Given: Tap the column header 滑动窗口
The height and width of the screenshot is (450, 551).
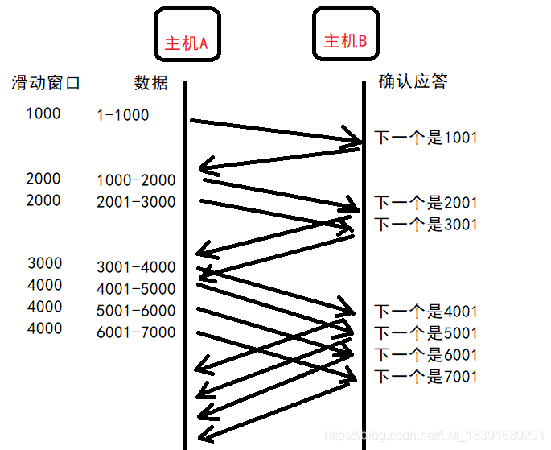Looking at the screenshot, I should click(46, 82).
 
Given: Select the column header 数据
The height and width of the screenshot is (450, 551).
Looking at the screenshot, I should click(150, 82).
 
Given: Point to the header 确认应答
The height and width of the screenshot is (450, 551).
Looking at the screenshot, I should click(413, 81).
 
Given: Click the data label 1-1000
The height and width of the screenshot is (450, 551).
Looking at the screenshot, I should click(122, 115).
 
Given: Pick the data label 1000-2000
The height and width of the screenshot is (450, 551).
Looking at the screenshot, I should click(135, 180).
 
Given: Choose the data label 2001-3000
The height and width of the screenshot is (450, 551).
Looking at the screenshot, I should click(135, 202).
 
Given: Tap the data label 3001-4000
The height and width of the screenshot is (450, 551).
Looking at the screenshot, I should click(135, 267).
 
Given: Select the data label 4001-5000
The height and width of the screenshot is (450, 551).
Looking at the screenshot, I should click(135, 289).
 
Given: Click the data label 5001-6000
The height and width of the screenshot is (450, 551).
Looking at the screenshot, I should click(135, 311).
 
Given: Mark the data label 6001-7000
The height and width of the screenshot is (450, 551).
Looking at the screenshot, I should click(135, 332).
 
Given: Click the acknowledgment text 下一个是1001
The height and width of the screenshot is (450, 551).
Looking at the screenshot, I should click(426, 138).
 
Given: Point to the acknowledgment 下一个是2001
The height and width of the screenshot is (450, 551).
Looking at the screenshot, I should click(426, 203).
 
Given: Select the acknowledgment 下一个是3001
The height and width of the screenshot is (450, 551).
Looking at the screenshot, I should click(426, 225).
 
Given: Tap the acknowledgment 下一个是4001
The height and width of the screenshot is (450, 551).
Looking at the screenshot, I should click(426, 312).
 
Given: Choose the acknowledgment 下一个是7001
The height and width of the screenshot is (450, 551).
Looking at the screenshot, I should click(426, 377).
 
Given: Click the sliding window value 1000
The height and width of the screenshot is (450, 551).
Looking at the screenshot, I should click(43, 114).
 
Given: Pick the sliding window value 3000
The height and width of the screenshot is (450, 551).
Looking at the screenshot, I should click(44, 263).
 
